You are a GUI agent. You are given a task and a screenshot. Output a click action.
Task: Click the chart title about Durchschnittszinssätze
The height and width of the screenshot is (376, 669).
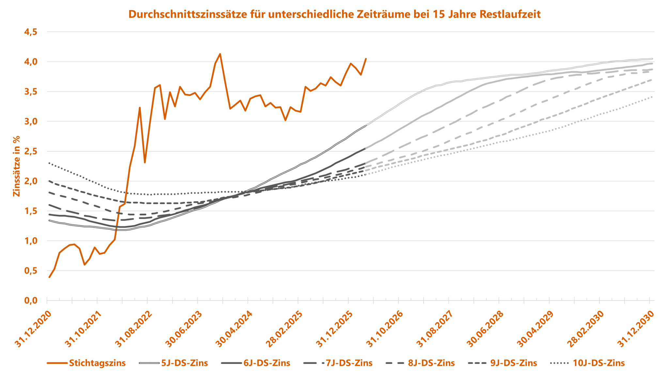pyautogui.click(x=334, y=14)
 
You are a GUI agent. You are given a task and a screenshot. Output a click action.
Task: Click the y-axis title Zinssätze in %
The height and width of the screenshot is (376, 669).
pyautogui.click(x=16, y=166)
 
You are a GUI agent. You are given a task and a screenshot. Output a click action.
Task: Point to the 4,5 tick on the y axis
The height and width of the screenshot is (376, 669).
pyautogui.click(x=31, y=32)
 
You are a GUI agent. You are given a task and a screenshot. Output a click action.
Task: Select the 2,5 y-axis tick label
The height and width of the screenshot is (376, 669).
pyautogui.click(x=31, y=151)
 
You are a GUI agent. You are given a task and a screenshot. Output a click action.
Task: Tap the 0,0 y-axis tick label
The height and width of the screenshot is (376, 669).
pyautogui.click(x=31, y=301)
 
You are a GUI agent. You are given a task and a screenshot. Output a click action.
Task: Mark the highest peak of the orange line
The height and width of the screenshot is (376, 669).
pyautogui.click(x=220, y=54)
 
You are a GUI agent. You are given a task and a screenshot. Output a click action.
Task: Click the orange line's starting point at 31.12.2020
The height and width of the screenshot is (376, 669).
pyautogui.click(x=49, y=277)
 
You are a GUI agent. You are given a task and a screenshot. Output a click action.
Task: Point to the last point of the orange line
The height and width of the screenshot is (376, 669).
pyautogui.click(x=366, y=59)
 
